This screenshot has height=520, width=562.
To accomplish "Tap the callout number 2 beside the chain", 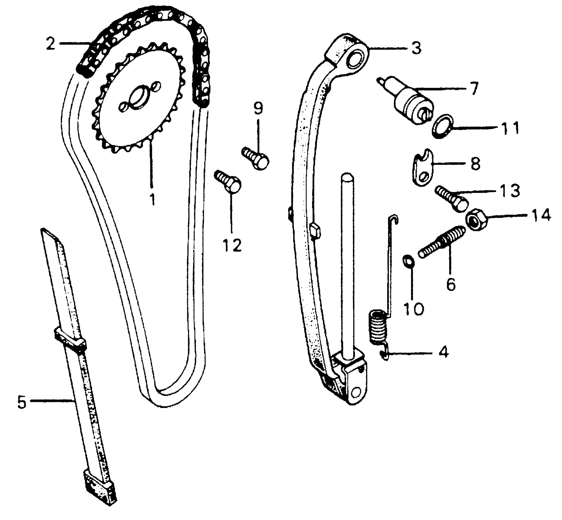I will (x=51, y=44).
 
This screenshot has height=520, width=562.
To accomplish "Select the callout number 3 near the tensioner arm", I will (x=416, y=48).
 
